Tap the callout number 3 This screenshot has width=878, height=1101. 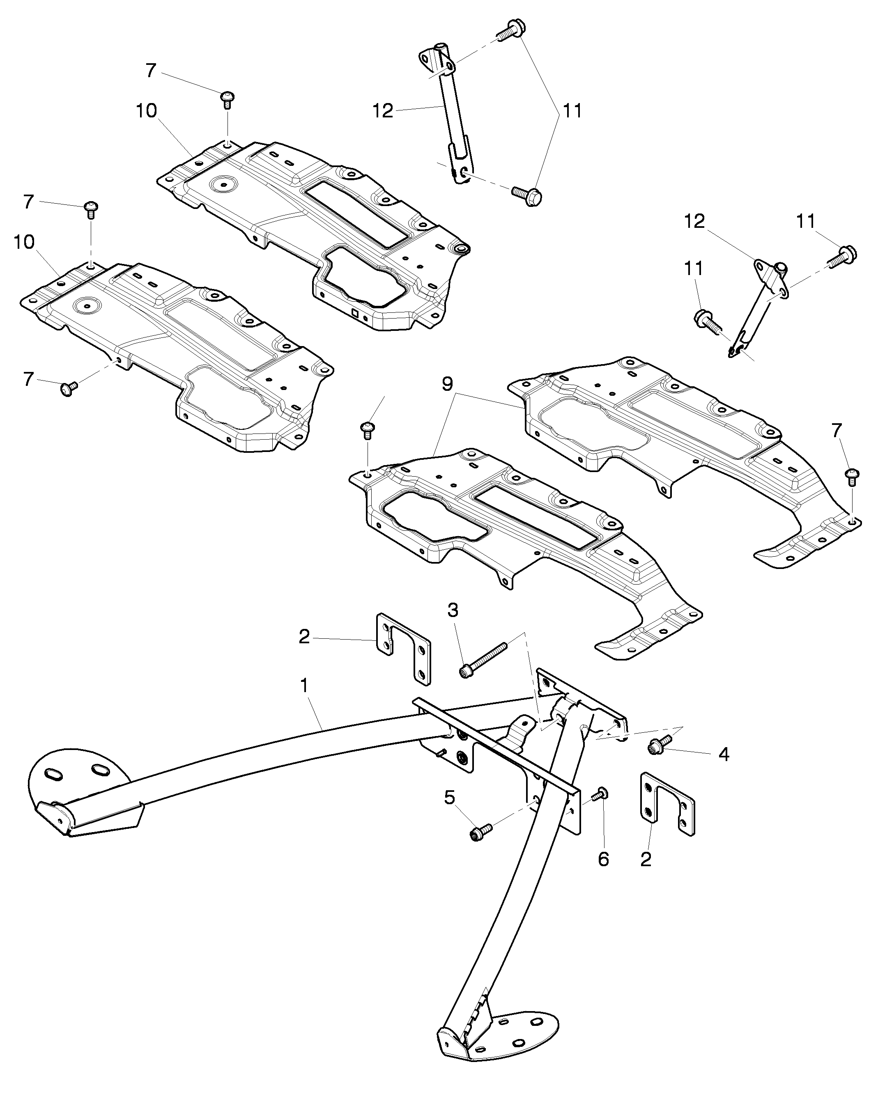[453, 610]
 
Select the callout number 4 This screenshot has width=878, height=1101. [724, 755]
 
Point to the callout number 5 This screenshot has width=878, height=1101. [449, 797]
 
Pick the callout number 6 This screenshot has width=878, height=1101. [604, 860]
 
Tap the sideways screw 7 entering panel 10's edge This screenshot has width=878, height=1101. [69, 389]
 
